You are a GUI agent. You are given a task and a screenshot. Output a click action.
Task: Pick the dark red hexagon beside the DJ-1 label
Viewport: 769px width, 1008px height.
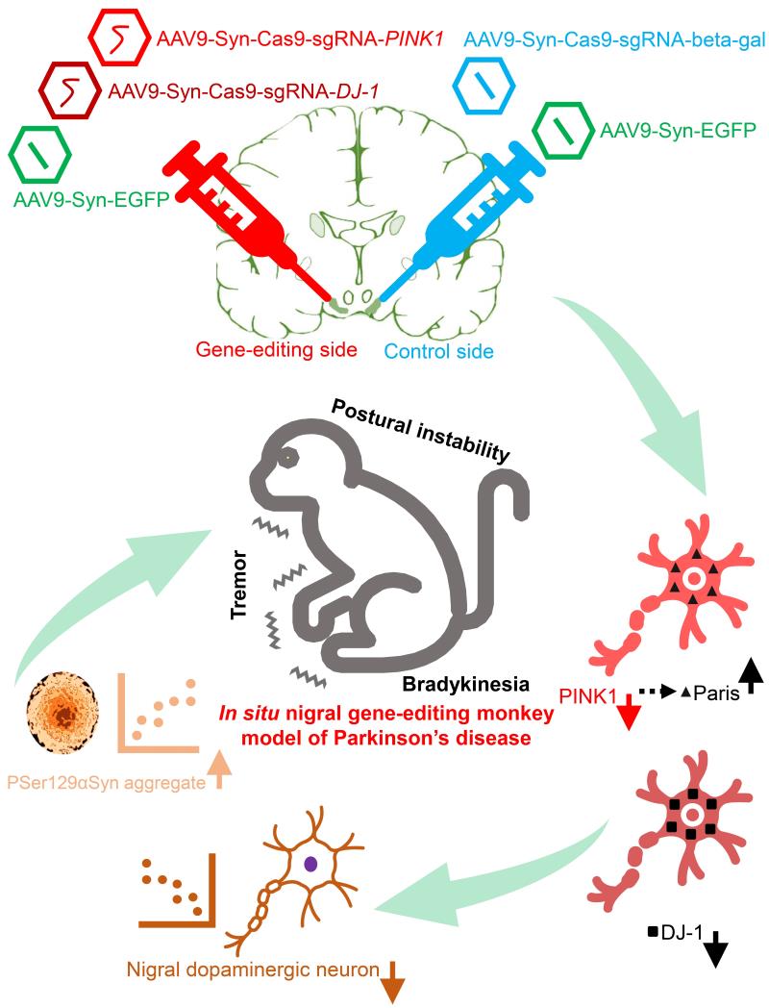pyautogui.click(x=70, y=93)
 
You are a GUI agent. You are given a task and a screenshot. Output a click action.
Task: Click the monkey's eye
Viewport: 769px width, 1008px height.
pyautogui.click(x=286, y=461)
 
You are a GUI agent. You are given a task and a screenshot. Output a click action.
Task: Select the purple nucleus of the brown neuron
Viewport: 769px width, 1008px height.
pyautogui.click(x=310, y=864)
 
